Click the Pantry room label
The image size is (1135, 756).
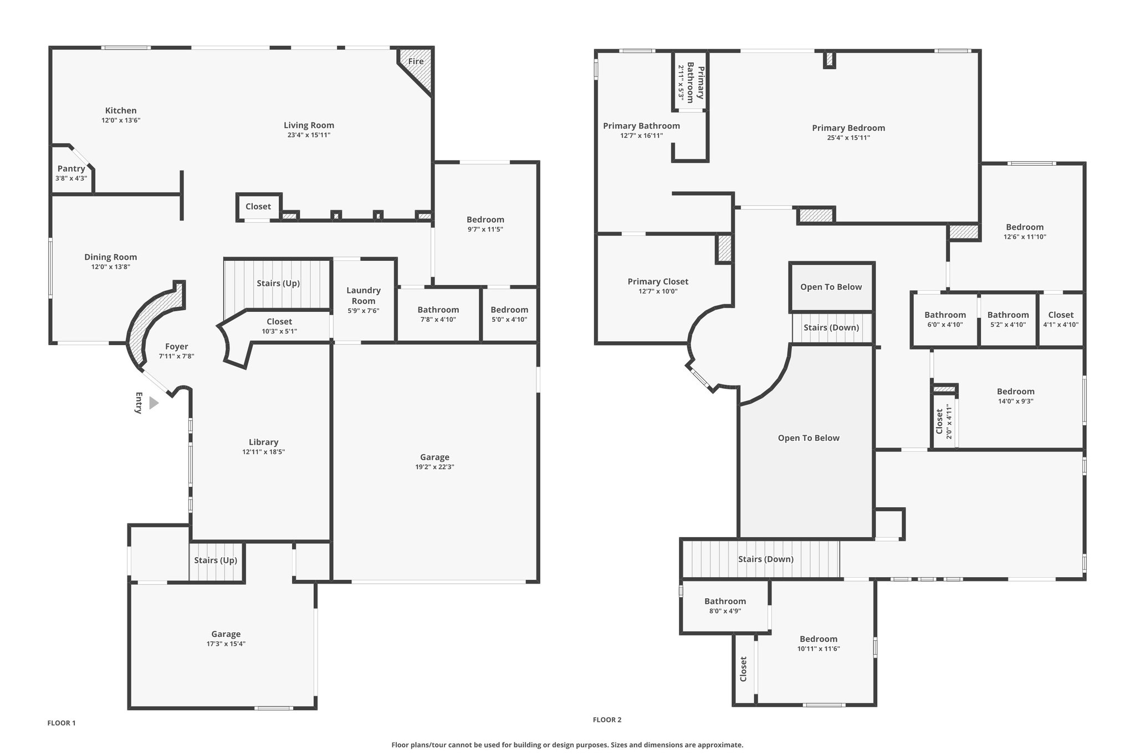click(x=71, y=168)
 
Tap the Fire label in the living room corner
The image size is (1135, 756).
click(x=416, y=61)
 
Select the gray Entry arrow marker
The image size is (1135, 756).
click(x=154, y=403)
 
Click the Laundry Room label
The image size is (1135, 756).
click(x=364, y=296)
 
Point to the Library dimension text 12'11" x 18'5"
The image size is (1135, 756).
click(x=263, y=452)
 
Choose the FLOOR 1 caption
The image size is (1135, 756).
click(x=62, y=723)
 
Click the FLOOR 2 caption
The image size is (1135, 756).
click(x=607, y=720)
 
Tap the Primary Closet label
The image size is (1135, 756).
click(x=658, y=281)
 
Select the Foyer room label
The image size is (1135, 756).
click(x=176, y=347)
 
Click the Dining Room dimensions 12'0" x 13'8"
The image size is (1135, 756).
click(x=111, y=267)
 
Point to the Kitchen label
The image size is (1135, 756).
click(x=121, y=110)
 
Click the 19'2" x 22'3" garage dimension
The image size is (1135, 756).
click(x=434, y=467)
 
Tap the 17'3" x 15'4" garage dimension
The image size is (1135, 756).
click(x=226, y=644)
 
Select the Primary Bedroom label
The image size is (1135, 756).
click(x=848, y=128)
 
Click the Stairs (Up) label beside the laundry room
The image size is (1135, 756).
click(x=278, y=284)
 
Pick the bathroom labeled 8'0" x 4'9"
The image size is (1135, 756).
click(x=725, y=606)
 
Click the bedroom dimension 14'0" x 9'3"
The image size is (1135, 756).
click(x=1015, y=402)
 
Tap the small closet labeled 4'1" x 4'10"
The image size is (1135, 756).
click(x=1061, y=320)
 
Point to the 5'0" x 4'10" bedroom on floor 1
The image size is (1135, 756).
click(x=509, y=314)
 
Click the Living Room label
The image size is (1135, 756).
click(x=309, y=125)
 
